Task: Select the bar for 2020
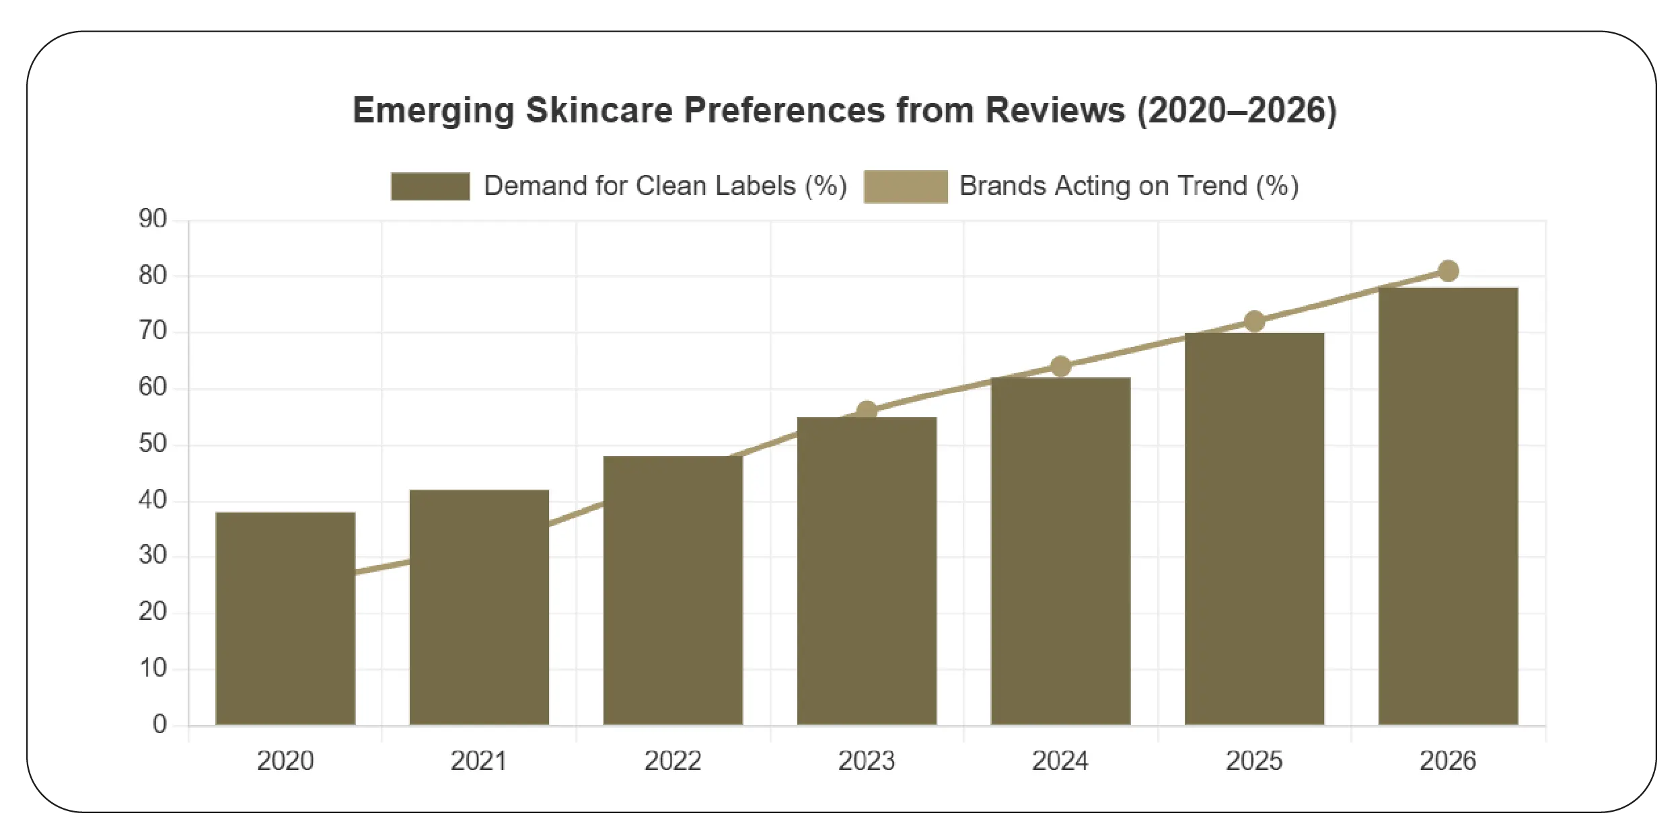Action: [285, 618]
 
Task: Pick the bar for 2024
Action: [1060, 551]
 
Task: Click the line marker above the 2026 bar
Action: [1448, 271]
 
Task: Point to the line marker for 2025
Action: [1254, 321]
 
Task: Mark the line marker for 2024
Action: [1060, 367]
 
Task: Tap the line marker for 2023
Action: [867, 410]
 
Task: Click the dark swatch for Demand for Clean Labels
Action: [430, 186]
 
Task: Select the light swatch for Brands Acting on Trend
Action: [905, 186]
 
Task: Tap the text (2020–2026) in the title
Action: [1237, 110]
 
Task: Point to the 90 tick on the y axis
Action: [153, 219]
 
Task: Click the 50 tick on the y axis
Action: [153, 444]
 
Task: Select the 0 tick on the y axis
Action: [159, 724]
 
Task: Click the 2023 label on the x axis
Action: [867, 761]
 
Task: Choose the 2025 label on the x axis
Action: [1254, 761]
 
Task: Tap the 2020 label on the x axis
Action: [285, 761]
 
